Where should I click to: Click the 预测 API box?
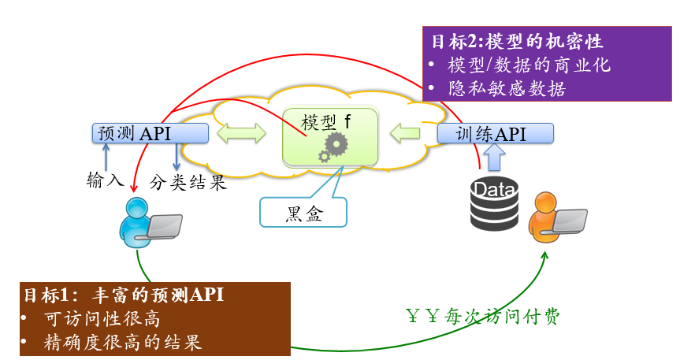point(150,133)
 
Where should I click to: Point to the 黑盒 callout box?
point(303,212)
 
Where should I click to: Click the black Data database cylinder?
point(494,203)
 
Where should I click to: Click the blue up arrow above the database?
point(494,158)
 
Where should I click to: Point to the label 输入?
point(106,182)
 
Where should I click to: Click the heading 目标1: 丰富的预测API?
point(123,295)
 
